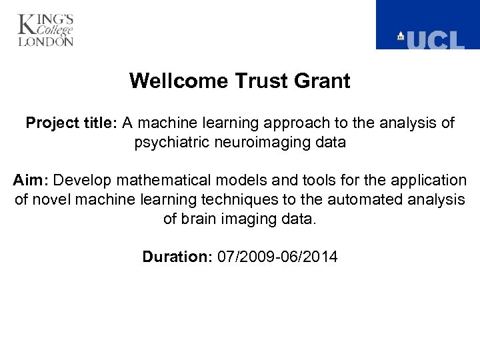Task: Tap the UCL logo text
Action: tap(435, 40)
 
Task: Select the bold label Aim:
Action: tap(31, 181)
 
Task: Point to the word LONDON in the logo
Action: tap(46, 41)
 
